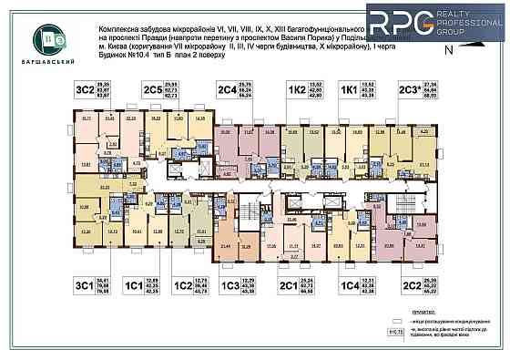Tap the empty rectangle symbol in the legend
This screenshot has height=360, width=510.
click(x=394, y=322)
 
